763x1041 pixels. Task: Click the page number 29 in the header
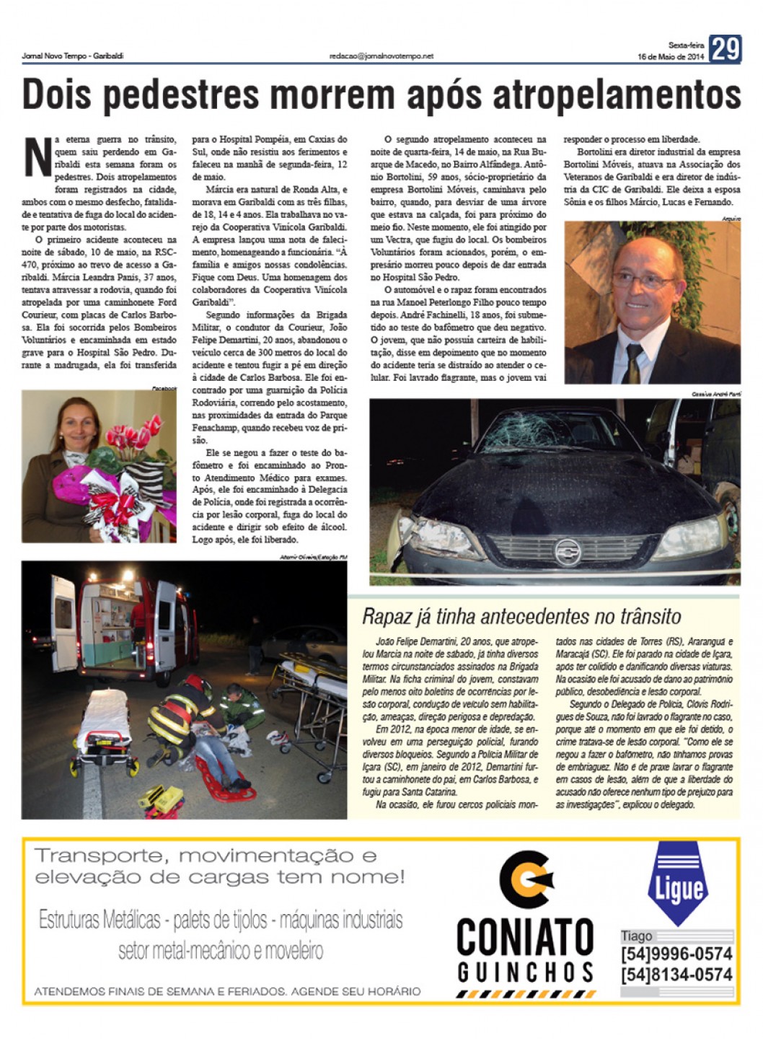[725, 49]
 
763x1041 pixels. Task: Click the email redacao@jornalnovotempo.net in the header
[381, 56]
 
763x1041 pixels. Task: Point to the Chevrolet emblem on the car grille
[568, 551]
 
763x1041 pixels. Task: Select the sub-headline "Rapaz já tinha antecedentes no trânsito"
[521, 616]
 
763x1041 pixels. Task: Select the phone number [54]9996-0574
[676, 954]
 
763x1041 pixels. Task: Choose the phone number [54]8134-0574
[676, 975]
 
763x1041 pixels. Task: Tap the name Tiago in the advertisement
[636, 936]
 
